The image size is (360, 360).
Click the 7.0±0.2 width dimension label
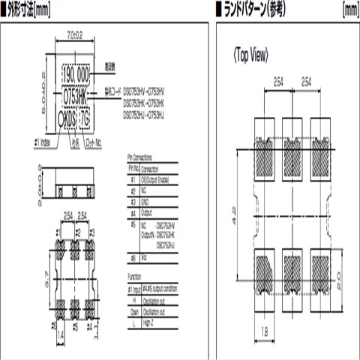click(74, 34)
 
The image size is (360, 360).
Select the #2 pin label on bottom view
click(76, 234)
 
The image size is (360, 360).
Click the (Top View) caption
click(250, 55)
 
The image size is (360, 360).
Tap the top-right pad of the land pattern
click(321, 150)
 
